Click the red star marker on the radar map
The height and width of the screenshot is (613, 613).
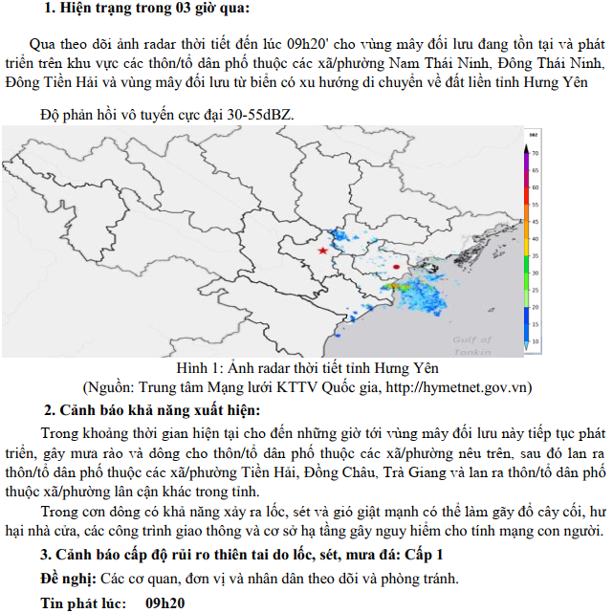click(x=323, y=250)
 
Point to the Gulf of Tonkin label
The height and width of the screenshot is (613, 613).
click(x=471, y=343)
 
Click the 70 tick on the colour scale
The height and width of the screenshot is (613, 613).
click(x=536, y=153)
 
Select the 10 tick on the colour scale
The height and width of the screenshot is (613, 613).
click(x=536, y=340)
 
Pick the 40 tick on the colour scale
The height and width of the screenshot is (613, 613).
click(x=536, y=238)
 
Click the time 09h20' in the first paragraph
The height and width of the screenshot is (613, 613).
click(x=315, y=44)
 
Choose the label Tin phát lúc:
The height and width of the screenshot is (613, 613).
click(x=84, y=603)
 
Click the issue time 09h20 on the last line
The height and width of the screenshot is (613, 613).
click(x=164, y=603)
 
